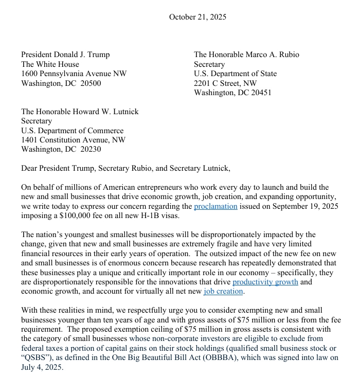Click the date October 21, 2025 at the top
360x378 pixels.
[x=197, y=17]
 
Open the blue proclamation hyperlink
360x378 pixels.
[x=215, y=206]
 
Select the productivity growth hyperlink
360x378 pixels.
[x=265, y=282]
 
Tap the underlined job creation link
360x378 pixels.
[x=223, y=291]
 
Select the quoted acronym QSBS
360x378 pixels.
[x=37, y=358]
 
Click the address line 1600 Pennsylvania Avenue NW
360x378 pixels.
[x=74, y=74]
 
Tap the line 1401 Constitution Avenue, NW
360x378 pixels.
[x=73, y=140]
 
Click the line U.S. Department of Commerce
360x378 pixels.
[x=72, y=131]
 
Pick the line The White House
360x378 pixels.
[x=50, y=64]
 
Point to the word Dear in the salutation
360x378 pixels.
[x=30, y=168]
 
